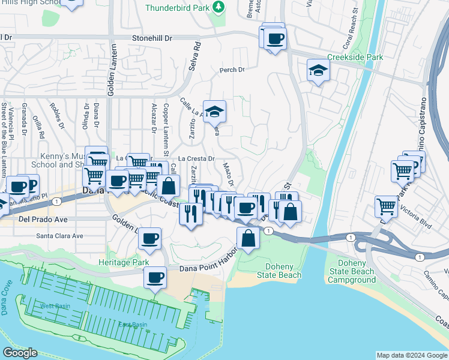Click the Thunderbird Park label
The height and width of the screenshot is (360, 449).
179,8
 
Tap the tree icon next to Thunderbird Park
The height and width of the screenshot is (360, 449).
220,7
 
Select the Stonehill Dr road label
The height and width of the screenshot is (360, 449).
152,38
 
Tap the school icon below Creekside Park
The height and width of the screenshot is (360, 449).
318,71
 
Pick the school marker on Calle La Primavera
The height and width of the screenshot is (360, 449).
214,111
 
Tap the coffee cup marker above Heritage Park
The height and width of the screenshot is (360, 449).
149,239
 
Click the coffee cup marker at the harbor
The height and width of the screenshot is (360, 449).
155,278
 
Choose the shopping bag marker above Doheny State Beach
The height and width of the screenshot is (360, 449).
248,238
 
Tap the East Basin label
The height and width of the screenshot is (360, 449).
133,325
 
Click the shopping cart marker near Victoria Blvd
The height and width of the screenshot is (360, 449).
387,207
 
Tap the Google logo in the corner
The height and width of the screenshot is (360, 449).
20,353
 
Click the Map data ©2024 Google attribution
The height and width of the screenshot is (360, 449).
411,355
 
